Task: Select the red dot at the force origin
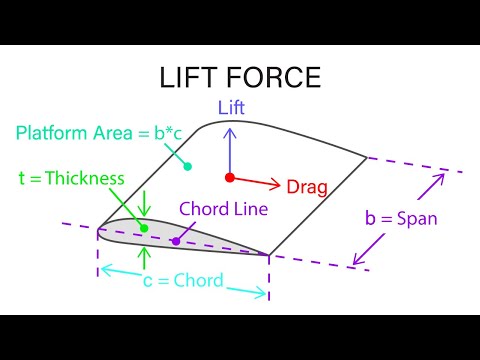pos(230,178)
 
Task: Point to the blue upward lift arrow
pos(230,150)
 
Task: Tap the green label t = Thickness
pos(71,179)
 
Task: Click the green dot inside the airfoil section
pos(144,228)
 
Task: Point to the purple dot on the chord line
pos(175,240)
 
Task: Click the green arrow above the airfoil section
pos(144,204)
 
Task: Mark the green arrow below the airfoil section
pos(144,259)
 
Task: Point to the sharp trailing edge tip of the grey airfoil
pos(269,254)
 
